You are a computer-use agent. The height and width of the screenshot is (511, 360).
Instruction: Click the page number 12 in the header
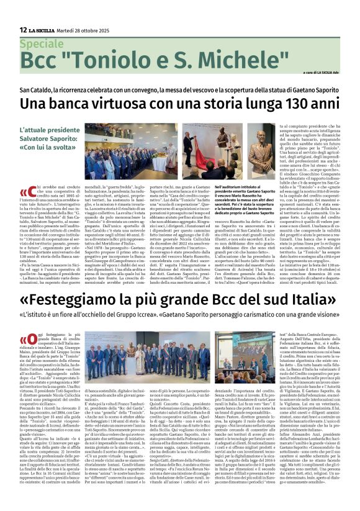coord(23,30)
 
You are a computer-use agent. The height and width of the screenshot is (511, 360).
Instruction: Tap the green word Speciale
coord(42,44)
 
